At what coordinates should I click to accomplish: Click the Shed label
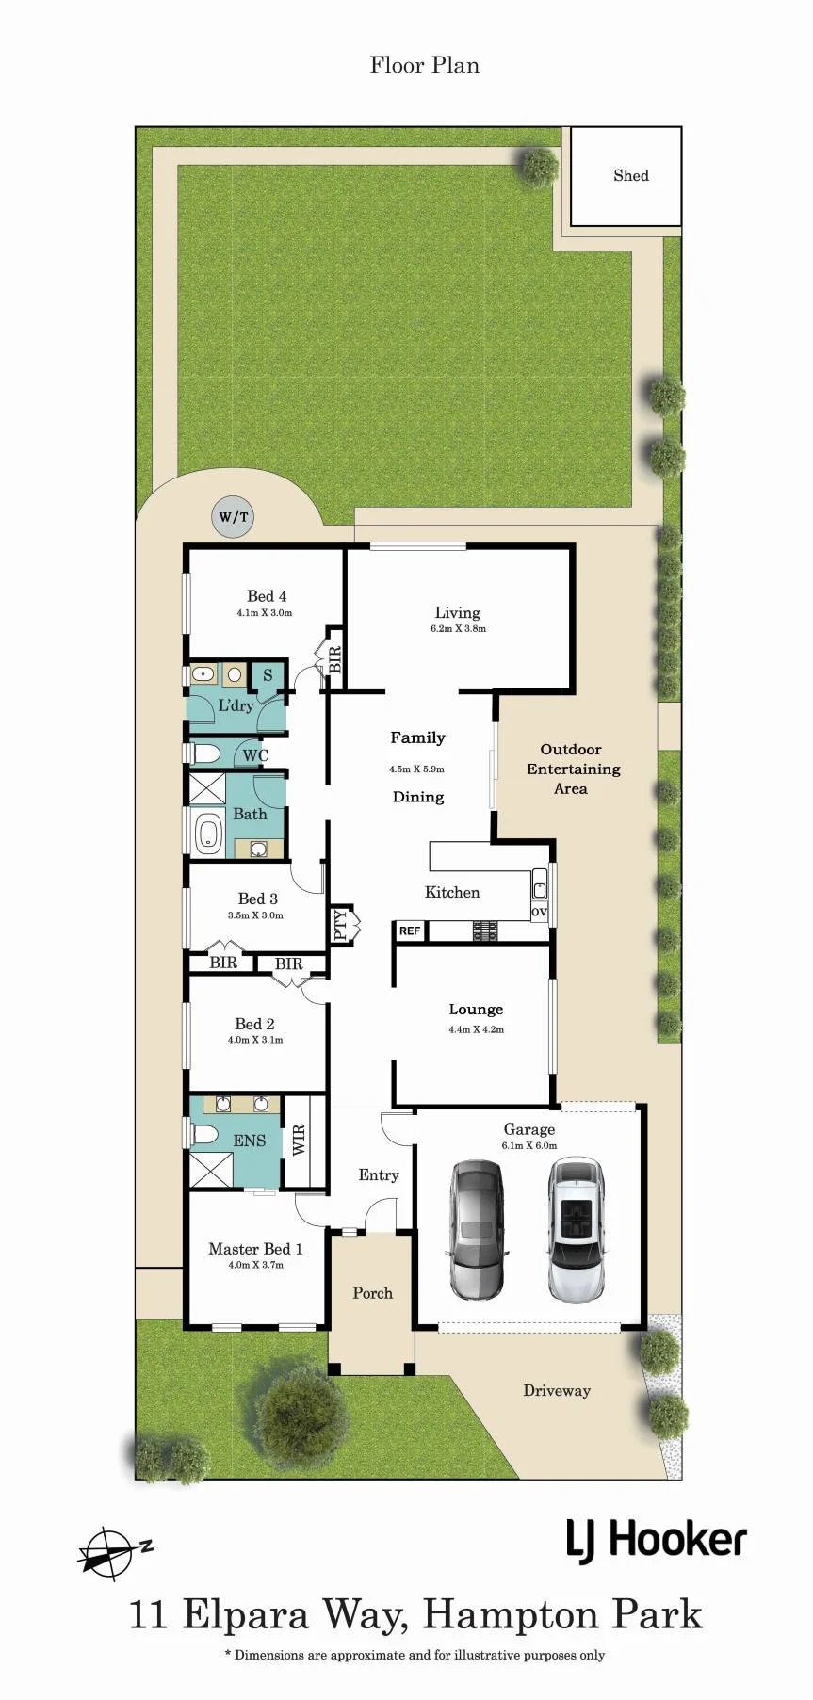(630, 175)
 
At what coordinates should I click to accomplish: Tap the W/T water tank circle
(233, 517)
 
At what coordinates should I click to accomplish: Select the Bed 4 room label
(267, 596)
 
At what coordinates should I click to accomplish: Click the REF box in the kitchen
(410, 931)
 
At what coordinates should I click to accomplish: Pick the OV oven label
(539, 911)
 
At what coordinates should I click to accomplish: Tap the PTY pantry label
(340, 925)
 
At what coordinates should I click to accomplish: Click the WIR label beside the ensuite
(299, 1140)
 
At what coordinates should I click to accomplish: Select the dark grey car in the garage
(478, 1230)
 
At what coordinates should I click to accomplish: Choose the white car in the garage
(575, 1230)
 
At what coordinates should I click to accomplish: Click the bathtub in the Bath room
(207, 834)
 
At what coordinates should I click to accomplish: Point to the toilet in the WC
(203, 753)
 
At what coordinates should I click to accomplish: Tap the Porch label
(372, 1293)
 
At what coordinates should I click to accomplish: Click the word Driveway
(557, 1390)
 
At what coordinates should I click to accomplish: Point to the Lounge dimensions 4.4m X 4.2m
(477, 1029)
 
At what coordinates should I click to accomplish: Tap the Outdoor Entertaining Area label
(573, 769)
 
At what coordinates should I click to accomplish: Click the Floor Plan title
(425, 65)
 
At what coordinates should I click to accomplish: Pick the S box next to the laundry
(268, 675)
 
